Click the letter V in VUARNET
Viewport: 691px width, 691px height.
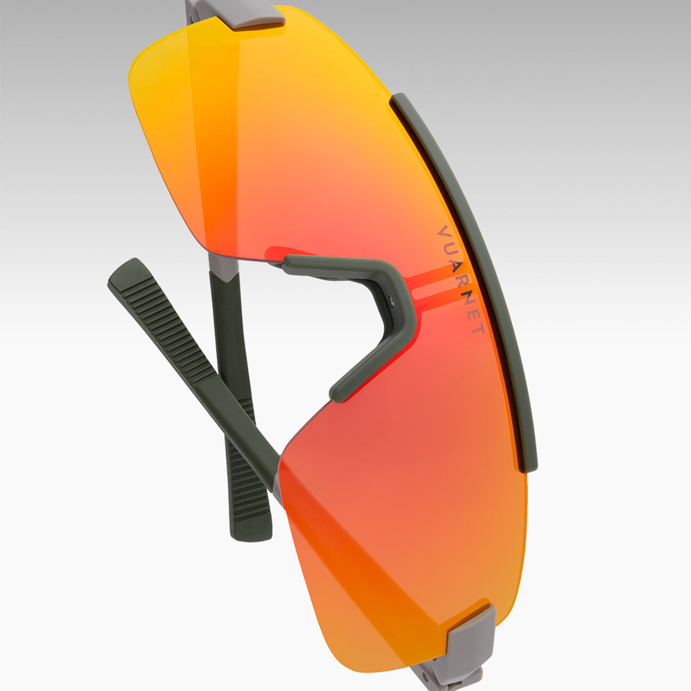(x=443, y=231)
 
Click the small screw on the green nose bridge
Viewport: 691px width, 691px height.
(x=391, y=301)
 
